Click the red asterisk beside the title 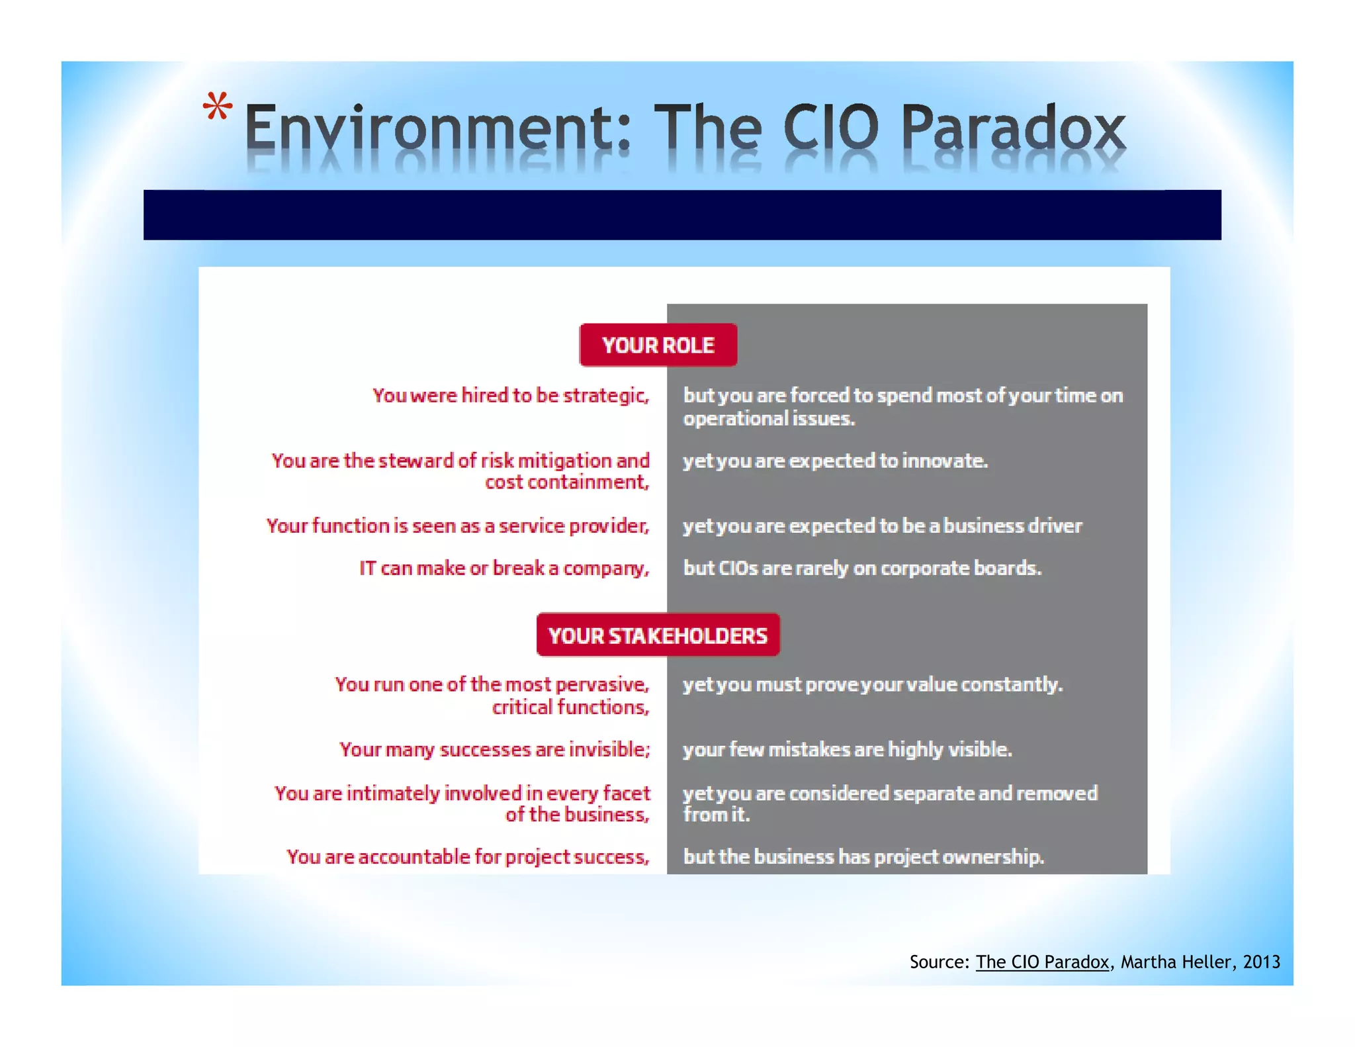click(218, 107)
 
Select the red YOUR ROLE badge click(658, 345)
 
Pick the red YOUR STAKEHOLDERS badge click(658, 635)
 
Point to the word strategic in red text click(605, 396)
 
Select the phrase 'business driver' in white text click(1012, 526)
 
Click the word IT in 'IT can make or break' click(368, 569)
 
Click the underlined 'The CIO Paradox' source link click(1042, 962)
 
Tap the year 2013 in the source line click(1261, 962)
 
